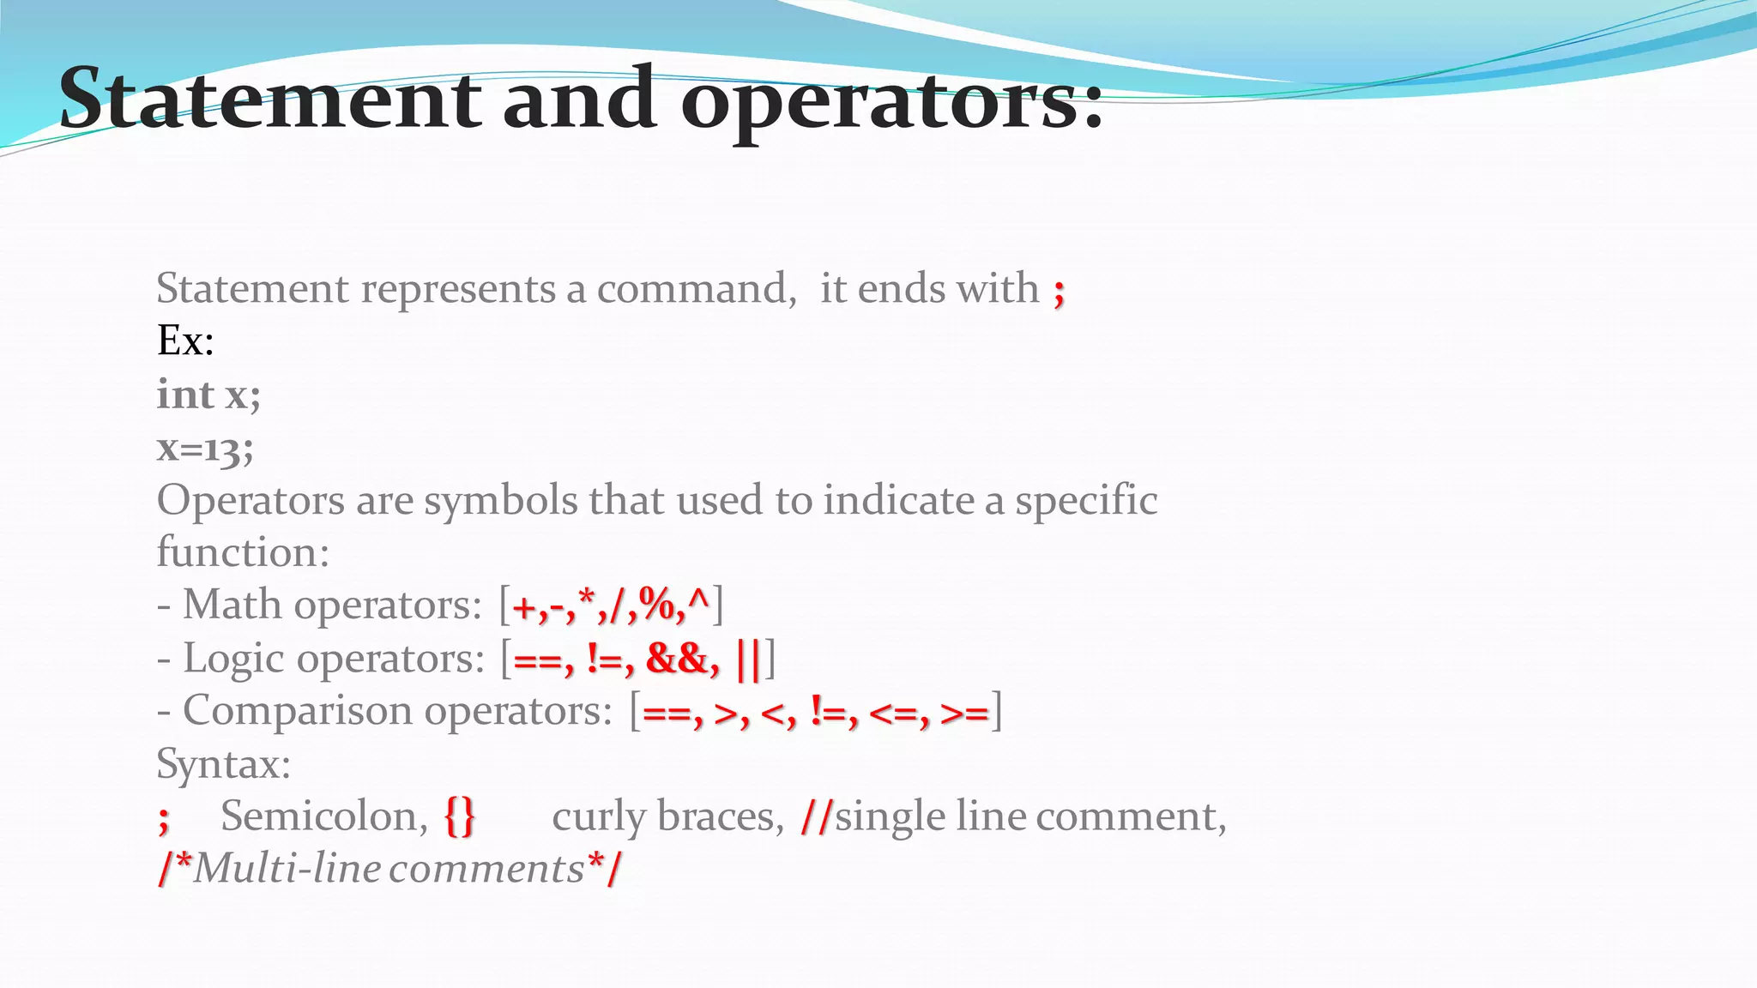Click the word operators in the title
click(892, 101)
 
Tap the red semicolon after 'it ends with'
click(1060, 292)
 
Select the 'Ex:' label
click(185, 341)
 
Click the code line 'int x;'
click(208, 395)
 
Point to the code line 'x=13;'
click(205, 449)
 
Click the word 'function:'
click(243, 552)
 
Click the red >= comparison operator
click(964, 713)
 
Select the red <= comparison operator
click(893, 713)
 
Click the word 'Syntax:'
click(224, 764)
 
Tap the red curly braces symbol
click(459, 816)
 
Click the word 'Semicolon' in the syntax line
click(319, 816)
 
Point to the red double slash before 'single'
click(815, 816)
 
